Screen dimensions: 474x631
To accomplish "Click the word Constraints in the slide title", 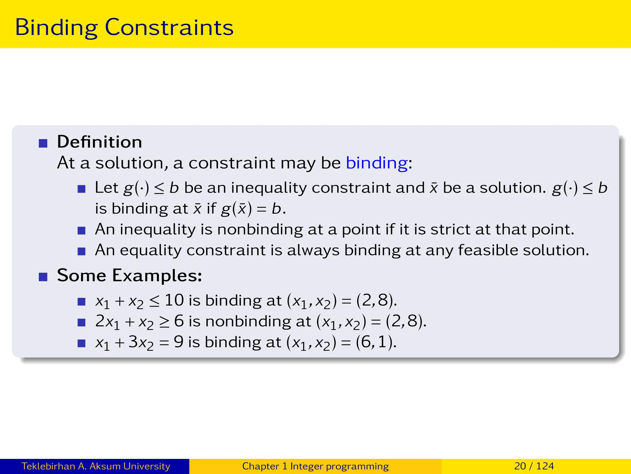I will pos(169,28).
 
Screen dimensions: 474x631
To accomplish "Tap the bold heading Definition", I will pos(100,142).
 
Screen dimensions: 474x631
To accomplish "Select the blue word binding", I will pos(377,163).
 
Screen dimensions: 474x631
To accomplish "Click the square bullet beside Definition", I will pos(43,143).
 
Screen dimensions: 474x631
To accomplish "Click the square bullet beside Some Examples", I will pos(43,277).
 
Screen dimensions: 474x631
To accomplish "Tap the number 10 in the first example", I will pos(174,300).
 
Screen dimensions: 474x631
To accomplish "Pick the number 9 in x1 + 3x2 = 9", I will pos(179,342).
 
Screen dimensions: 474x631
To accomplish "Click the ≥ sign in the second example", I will pos(164,322).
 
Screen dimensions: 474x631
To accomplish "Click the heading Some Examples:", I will pos(129,275).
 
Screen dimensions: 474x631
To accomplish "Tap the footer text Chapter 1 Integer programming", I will pos(315,466).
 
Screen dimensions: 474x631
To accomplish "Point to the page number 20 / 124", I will pos(534,466).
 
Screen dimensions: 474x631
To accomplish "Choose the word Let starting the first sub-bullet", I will pos(106,188).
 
